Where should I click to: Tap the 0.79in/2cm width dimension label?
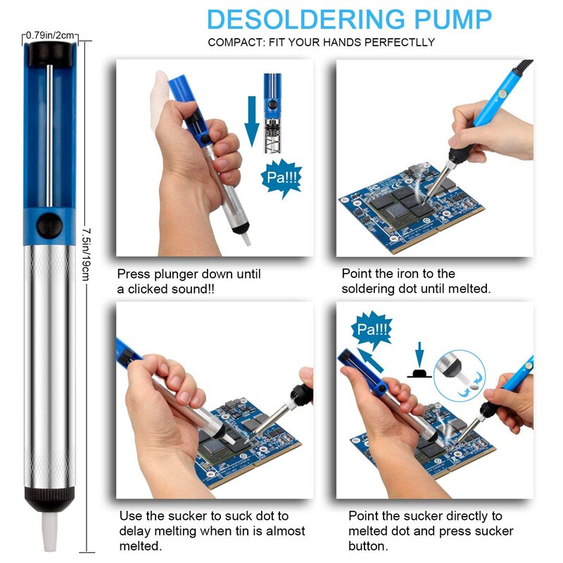click(49, 34)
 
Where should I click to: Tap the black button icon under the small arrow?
click(420, 372)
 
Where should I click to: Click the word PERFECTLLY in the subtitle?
click(398, 42)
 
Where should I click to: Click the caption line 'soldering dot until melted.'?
click(416, 289)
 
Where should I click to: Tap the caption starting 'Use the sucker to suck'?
click(203, 516)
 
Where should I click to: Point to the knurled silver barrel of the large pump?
click(49, 366)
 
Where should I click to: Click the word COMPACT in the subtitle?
click(236, 42)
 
